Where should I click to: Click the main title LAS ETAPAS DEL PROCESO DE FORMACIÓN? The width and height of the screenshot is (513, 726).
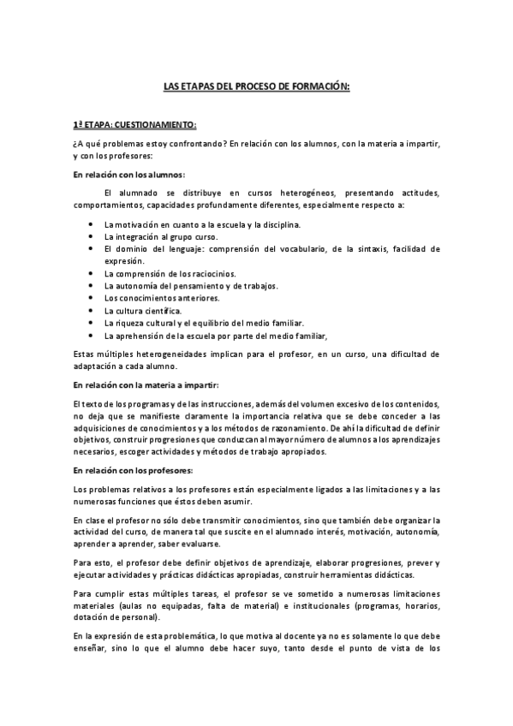click(257, 86)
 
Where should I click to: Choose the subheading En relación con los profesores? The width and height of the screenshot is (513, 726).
click(132, 470)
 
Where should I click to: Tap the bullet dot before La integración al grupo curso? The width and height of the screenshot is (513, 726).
click(92, 236)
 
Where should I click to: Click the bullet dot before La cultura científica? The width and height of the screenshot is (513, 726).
click(92, 310)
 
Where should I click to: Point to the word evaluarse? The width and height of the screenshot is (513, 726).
click(197, 544)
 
